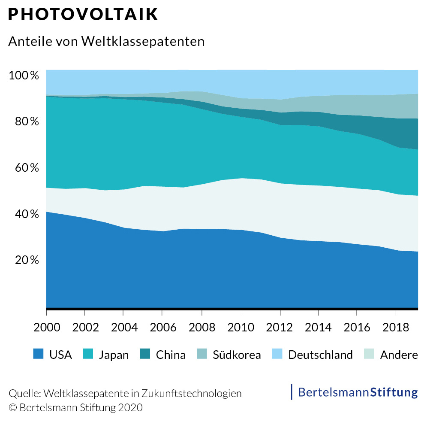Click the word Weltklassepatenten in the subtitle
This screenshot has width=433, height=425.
[x=142, y=41]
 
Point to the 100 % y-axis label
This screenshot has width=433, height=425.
[x=24, y=76]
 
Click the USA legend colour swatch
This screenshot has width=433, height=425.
[x=39, y=354]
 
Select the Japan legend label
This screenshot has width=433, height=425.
[x=114, y=355]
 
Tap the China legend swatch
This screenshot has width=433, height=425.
[x=145, y=354]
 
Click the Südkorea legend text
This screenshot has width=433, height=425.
[x=237, y=355]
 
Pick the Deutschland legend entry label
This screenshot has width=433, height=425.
[x=320, y=355]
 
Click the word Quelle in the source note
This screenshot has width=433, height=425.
[x=24, y=393]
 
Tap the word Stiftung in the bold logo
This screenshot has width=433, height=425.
[x=394, y=392]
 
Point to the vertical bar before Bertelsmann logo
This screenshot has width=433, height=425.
[x=292, y=392]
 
